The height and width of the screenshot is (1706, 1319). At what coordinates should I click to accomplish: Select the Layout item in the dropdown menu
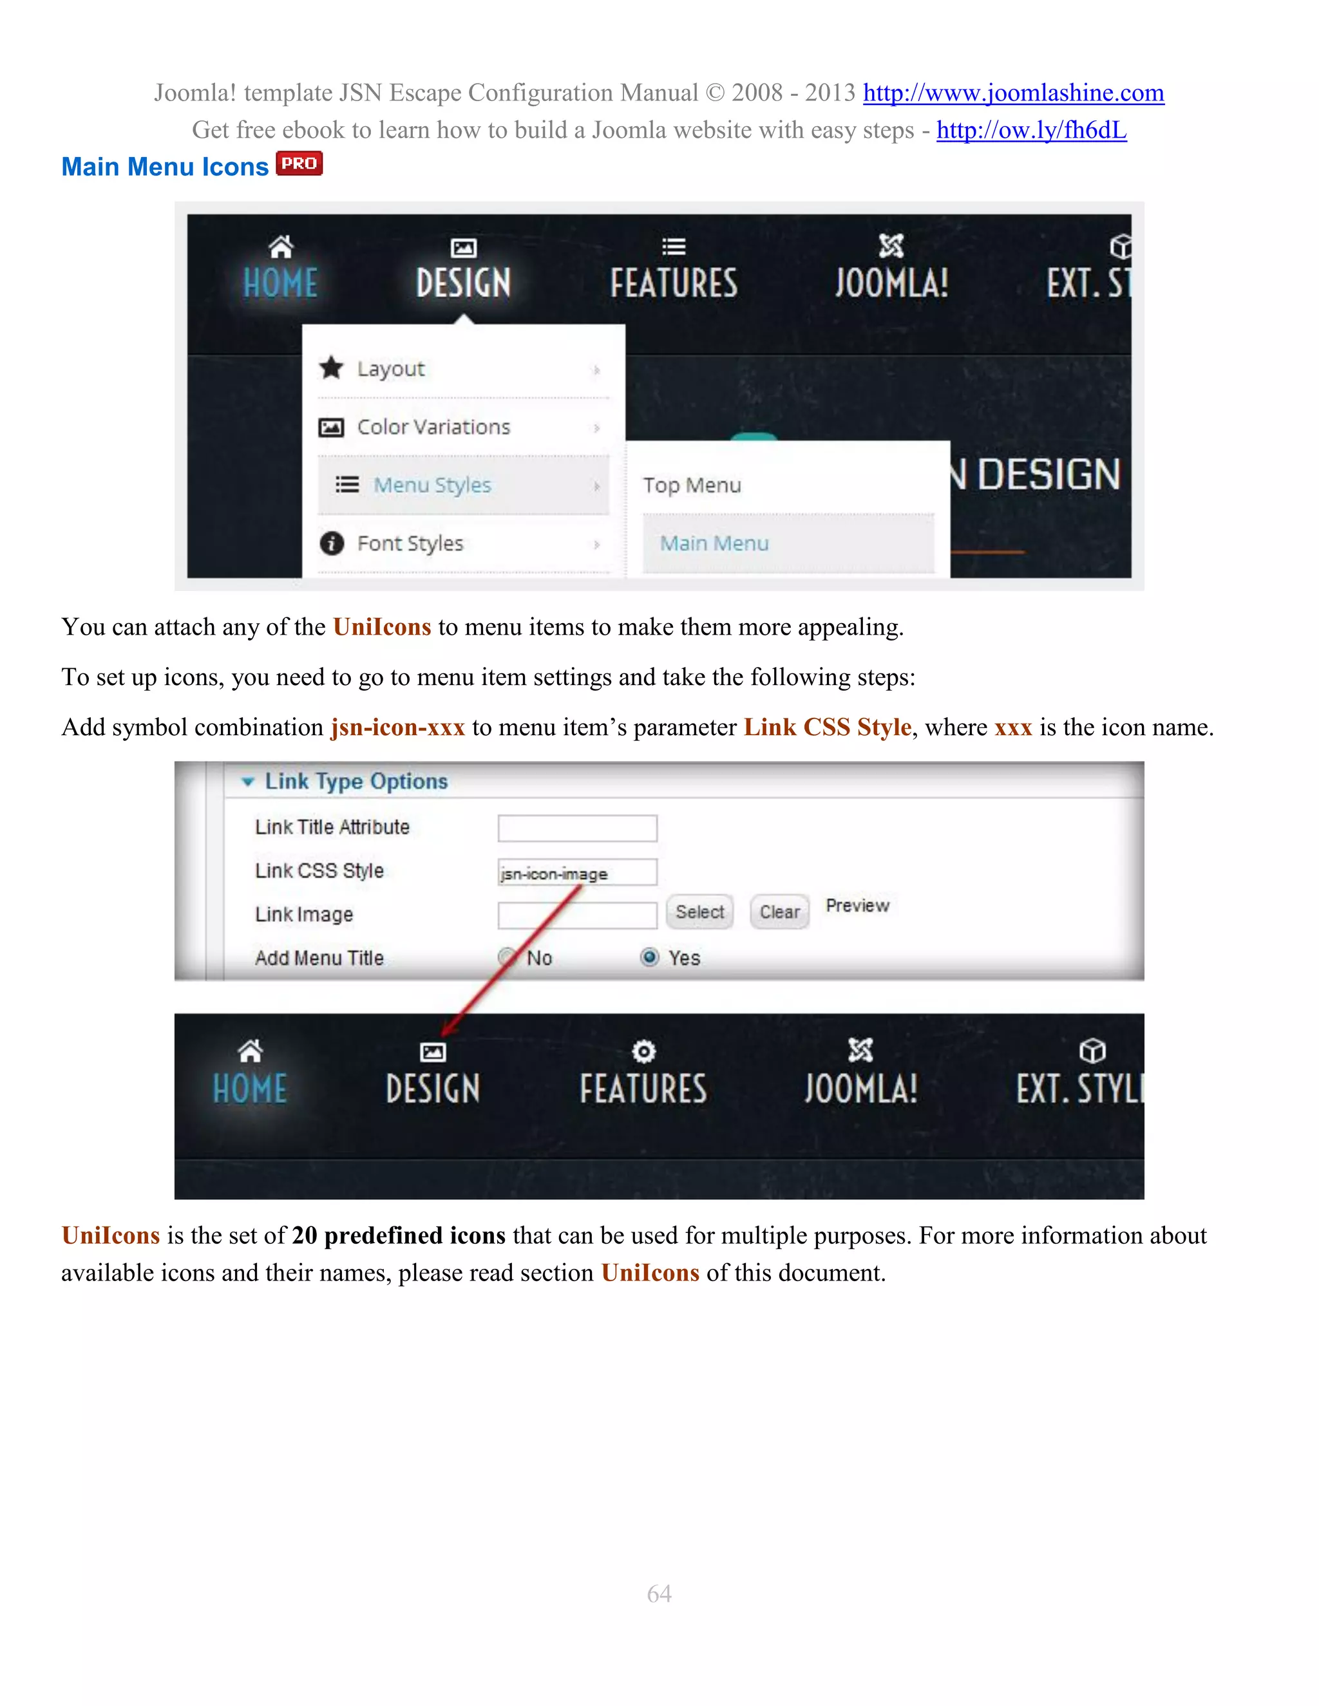(x=391, y=369)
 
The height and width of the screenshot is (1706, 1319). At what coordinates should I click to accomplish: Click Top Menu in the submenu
(x=692, y=485)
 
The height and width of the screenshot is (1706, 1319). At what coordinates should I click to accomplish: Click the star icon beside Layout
(x=331, y=368)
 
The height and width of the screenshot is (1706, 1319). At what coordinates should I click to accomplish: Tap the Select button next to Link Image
(x=699, y=912)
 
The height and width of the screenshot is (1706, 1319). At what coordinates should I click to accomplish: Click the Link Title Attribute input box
(x=578, y=828)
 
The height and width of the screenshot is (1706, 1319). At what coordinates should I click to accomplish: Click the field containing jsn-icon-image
(x=578, y=872)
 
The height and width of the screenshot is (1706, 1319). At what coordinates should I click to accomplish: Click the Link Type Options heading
(x=356, y=781)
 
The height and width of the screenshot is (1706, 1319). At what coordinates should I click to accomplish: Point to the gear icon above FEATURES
(x=643, y=1051)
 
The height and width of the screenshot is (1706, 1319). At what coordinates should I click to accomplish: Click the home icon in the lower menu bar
(x=250, y=1051)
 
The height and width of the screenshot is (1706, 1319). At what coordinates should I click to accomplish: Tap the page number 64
(x=659, y=1593)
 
